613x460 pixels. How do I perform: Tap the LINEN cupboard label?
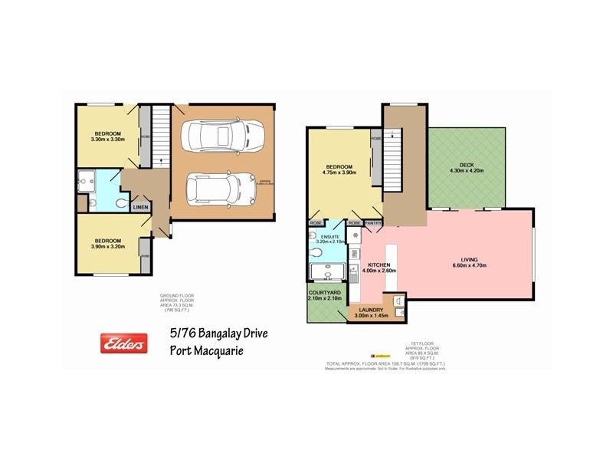pos(140,207)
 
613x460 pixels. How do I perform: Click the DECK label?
pos(467,165)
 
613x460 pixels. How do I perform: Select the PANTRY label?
pos(373,223)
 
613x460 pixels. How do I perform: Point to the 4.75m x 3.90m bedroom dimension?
pos(339,173)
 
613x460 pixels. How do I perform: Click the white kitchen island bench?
pos(392,268)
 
